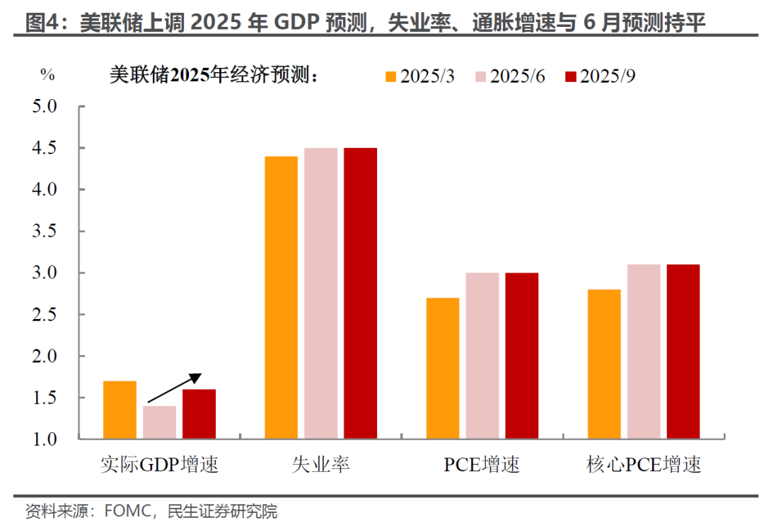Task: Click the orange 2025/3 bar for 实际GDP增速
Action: (x=120, y=410)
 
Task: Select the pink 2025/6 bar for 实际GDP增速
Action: (x=159, y=422)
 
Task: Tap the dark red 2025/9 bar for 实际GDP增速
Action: (x=199, y=414)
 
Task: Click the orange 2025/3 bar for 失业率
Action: (x=281, y=298)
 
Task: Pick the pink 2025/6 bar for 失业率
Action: (x=320, y=294)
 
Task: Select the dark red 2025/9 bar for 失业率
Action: (x=360, y=294)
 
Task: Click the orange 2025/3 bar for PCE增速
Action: (x=442, y=369)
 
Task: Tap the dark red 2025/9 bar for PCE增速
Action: (x=521, y=356)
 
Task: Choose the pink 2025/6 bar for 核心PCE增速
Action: (x=643, y=352)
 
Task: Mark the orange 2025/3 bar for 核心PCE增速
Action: (x=603, y=364)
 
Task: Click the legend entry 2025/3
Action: (x=419, y=76)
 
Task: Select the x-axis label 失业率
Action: (x=320, y=465)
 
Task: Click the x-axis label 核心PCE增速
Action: (x=643, y=465)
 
